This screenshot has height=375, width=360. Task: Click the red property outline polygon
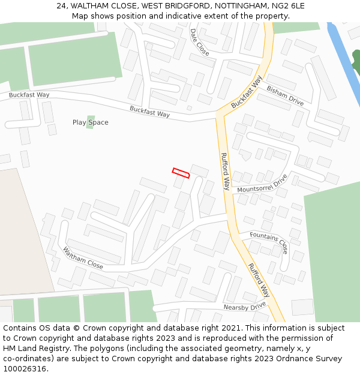(x=181, y=173)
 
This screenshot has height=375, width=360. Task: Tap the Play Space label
(x=91, y=122)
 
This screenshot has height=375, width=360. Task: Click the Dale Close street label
(x=200, y=42)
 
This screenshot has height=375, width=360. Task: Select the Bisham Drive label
(x=285, y=95)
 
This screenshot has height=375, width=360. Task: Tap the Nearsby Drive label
(x=244, y=306)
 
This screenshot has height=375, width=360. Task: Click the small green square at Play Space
(x=91, y=122)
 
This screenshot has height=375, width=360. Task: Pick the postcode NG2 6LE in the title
(x=290, y=6)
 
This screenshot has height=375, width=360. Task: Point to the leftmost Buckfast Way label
(x=29, y=95)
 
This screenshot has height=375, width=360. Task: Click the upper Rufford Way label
(x=226, y=171)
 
